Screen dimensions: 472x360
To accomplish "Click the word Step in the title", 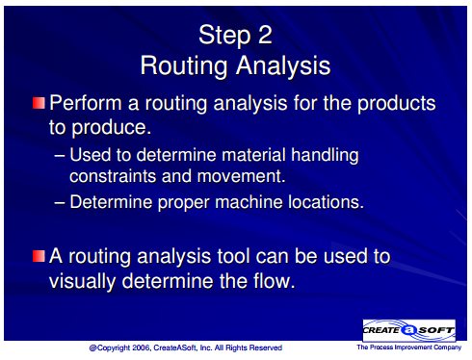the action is click(x=224, y=36).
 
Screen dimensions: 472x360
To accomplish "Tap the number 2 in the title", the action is click(x=265, y=35).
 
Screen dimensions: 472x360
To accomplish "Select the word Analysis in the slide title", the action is click(x=283, y=66).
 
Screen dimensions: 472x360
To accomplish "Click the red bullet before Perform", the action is click(x=39, y=103).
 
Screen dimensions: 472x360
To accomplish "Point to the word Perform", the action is click(x=86, y=103).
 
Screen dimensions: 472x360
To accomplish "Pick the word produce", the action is click(x=111, y=128).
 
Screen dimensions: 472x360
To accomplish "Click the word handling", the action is click(x=325, y=156).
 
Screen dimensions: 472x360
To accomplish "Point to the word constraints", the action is click(x=113, y=176).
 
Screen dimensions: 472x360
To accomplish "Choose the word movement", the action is click(x=241, y=176).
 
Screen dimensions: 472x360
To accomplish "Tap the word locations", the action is click(x=327, y=202).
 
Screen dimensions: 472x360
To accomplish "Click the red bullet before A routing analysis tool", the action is click(x=39, y=256).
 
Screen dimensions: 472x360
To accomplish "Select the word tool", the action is click(x=233, y=256).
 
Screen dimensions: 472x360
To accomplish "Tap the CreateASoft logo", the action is click(x=408, y=330).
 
